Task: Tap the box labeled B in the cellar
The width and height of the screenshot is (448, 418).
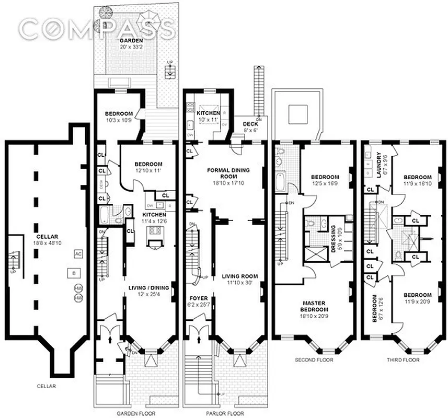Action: click(74, 273)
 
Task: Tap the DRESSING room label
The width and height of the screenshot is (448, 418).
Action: click(334, 238)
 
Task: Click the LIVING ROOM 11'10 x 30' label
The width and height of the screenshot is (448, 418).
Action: click(240, 280)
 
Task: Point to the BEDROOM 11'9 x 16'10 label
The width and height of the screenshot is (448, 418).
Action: click(417, 180)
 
